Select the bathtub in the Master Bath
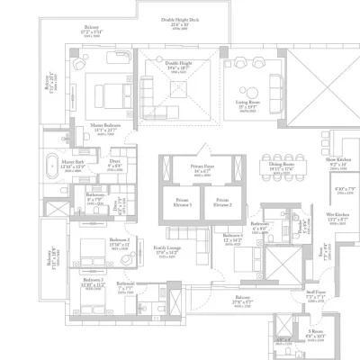(x=68, y=169)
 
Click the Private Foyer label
(x=201, y=167)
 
